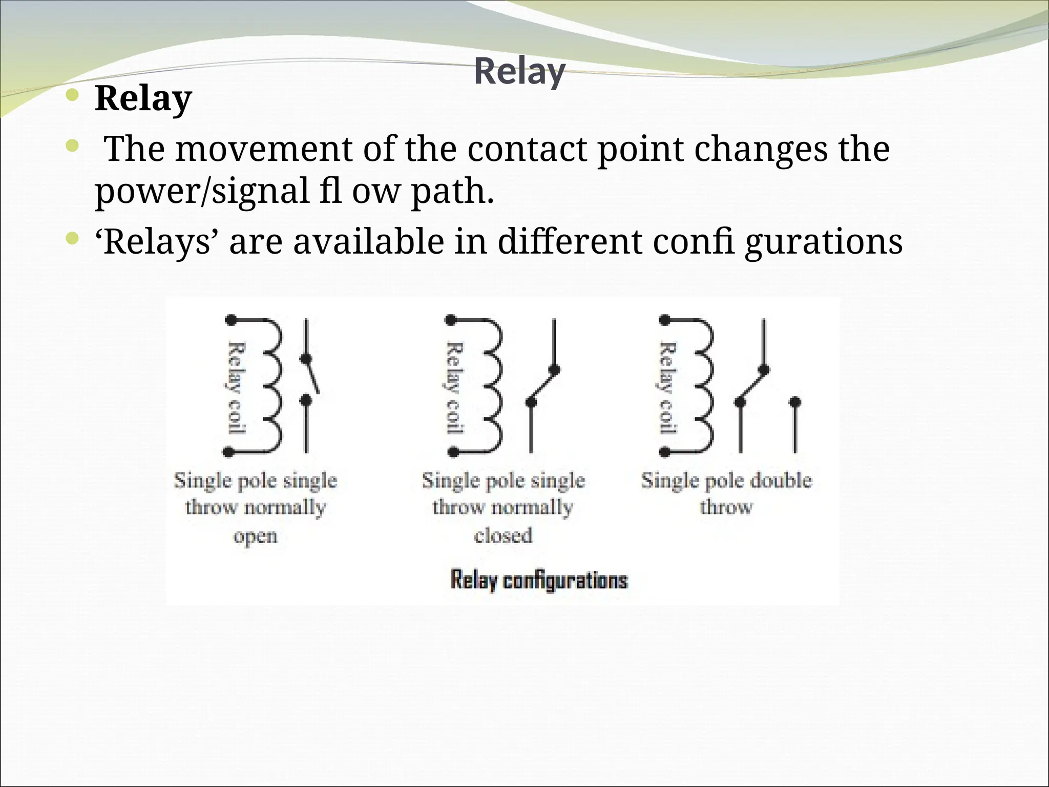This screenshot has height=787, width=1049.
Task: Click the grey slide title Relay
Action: (519, 72)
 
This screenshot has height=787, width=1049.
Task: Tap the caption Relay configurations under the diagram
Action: (539, 581)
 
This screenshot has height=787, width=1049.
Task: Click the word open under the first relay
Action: (255, 536)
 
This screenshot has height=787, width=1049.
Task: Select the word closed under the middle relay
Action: (503, 536)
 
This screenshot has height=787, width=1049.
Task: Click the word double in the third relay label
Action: (781, 481)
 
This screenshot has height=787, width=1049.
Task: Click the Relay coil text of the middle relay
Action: (455, 388)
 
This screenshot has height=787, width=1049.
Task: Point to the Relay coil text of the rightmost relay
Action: (667, 388)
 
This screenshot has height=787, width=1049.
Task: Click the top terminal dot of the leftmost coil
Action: (231, 320)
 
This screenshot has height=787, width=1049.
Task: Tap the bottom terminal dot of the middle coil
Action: (452, 452)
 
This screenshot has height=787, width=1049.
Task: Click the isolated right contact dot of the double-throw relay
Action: (794, 402)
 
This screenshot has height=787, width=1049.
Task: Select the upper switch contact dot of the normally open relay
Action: (306, 359)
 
